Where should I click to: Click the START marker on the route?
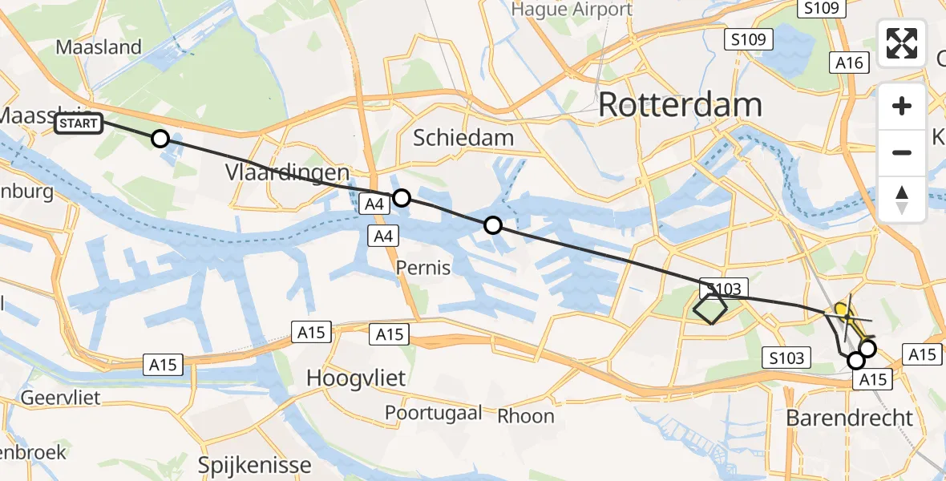tap(79, 123)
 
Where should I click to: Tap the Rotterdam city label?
tap(680, 105)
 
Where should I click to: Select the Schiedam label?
tap(463, 138)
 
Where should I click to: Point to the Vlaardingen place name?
tap(288, 173)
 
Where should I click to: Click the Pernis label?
tap(423, 267)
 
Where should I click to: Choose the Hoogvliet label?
tap(357, 378)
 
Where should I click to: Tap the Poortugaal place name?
tap(434, 413)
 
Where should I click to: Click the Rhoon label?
tap(526, 415)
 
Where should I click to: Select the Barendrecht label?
tap(849, 418)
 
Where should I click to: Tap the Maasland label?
tap(99, 46)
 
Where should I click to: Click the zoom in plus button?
tap(902, 106)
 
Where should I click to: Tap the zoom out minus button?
tap(902, 152)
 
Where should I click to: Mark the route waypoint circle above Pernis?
tap(493, 226)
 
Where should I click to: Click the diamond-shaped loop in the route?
tap(709, 309)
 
